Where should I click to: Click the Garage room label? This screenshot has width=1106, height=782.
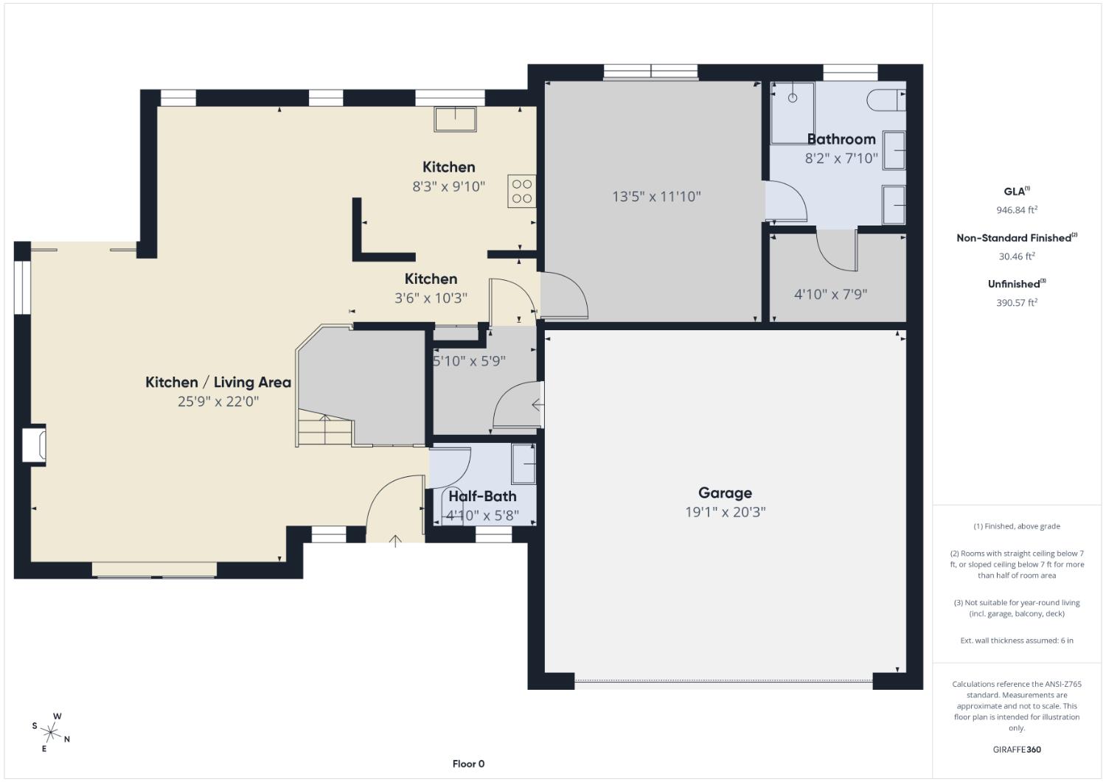(x=725, y=492)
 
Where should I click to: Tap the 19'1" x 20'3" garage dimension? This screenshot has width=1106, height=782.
(x=725, y=512)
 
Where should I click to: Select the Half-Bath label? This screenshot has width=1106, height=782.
(x=482, y=496)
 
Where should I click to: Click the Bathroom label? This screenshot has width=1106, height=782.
(x=841, y=139)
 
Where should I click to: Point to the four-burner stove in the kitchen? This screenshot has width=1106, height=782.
(x=522, y=191)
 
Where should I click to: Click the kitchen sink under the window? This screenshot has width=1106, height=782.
(x=455, y=119)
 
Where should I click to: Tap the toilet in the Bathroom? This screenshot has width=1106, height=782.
(x=886, y=100)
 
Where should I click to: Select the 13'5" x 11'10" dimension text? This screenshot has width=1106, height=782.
(x=656, y=197)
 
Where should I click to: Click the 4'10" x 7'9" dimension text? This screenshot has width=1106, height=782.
(x=830, y=294)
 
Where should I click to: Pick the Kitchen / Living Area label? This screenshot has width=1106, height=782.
(x=218, y=382)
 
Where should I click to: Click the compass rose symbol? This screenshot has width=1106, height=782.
(x=50, y=732)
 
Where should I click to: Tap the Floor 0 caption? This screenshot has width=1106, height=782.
(x=468, y=764)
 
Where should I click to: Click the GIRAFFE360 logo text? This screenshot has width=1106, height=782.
(x=1017, y=750)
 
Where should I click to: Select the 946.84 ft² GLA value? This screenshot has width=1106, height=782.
(x=1017, y=210)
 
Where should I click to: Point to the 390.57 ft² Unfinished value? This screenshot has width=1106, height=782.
(x=1017, y=303)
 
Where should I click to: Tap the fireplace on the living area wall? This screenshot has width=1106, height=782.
(x=34, y=445)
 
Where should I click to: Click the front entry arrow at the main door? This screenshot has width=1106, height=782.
(x=395, y=541)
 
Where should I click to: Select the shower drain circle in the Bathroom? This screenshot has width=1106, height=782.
(x=793, y=98)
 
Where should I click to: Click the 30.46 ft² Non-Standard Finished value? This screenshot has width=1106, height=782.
(x=1017, y=256)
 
